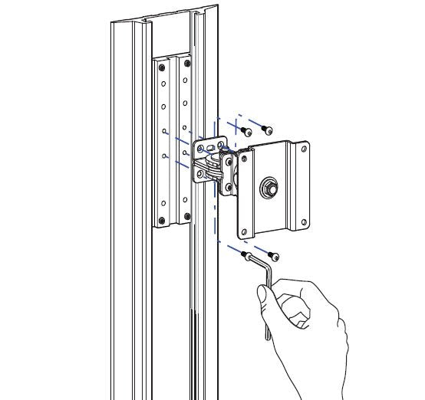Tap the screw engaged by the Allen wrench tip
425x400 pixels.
coord(245,254)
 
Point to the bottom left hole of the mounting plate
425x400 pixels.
coord(245,229)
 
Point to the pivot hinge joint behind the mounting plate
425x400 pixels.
coord(227,172)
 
